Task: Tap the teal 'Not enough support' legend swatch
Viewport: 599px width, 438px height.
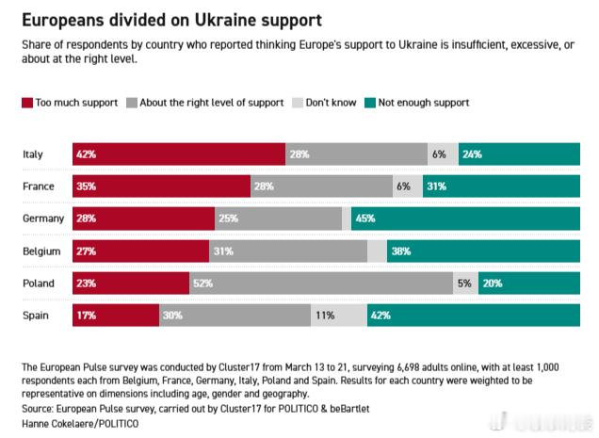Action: (371, 103)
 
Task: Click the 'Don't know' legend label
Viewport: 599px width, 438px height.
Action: (330, 103)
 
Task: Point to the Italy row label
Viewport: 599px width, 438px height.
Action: (33, 154)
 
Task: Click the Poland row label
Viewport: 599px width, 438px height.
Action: (39, 283)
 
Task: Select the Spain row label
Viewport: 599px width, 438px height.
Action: (36, 316)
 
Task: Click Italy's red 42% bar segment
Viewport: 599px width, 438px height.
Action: (178, 154)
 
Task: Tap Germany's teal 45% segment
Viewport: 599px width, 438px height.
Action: (465, 219)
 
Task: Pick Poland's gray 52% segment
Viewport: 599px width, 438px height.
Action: (321, 283)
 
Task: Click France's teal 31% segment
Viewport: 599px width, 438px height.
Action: (501, 187)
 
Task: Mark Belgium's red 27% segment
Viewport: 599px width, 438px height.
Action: (140, 251)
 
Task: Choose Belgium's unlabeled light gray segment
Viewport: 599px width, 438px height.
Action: (377, 251)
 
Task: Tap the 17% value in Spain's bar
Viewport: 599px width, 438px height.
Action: (87, 316)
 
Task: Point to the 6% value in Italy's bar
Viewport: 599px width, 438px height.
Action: (439, 154)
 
